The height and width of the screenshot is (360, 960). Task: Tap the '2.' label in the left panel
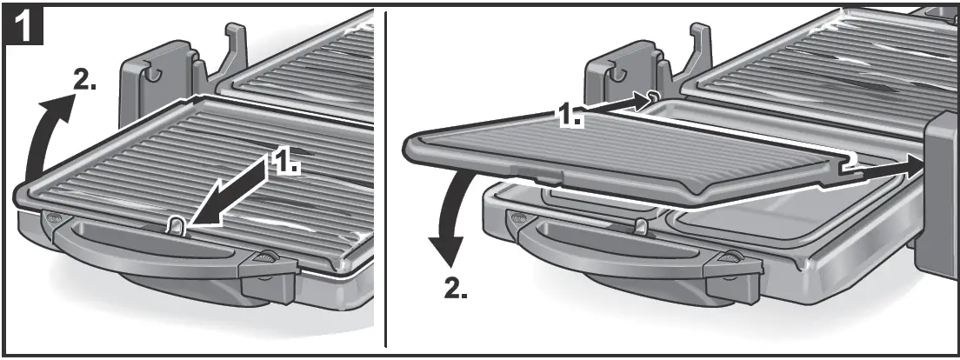click(x=84, y=80)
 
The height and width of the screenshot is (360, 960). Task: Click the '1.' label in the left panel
click(x=287, y=163)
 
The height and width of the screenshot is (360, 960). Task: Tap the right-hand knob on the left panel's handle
click(x=265, y=258)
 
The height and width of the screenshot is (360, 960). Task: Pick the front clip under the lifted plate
click(x=642, y=227)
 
